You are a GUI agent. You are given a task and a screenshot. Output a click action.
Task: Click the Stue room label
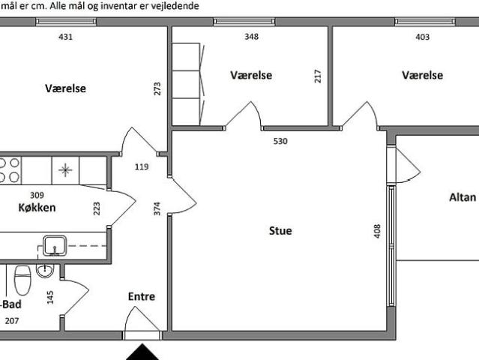pyautogui.click(x=280, y=231)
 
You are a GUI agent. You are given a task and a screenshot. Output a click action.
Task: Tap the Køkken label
pyautogui.click(x=37, y=208)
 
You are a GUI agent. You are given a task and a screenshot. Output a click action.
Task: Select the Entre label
pyautogui.click(x=141, y=297)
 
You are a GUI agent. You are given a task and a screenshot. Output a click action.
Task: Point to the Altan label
pyautogui.click(x=462, y=197)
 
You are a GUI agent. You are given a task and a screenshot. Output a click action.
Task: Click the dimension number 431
pyautogui.click(x=66, y=36)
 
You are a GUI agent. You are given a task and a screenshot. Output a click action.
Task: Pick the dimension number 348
pyautogui.click(x=251, y=36)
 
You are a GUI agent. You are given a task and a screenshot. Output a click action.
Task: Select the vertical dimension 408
pyautogui.click(x=377, y=231)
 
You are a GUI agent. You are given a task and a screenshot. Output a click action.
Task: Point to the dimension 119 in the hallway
pyautogui.click(x=142, y=166)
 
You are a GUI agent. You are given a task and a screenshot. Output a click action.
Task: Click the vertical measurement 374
pyautogui.click(x=157, y=208)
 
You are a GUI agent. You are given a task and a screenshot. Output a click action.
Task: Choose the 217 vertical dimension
pyautogui.click(x=318, y=76)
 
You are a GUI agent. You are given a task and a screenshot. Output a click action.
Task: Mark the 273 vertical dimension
pyautogui.click(x=157, y=88)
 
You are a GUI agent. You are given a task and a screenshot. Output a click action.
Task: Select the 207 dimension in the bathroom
pyautogui.click(x=11, y=321)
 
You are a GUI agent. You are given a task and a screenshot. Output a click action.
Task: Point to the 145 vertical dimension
pyautogui.click(x=50, y=296)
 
